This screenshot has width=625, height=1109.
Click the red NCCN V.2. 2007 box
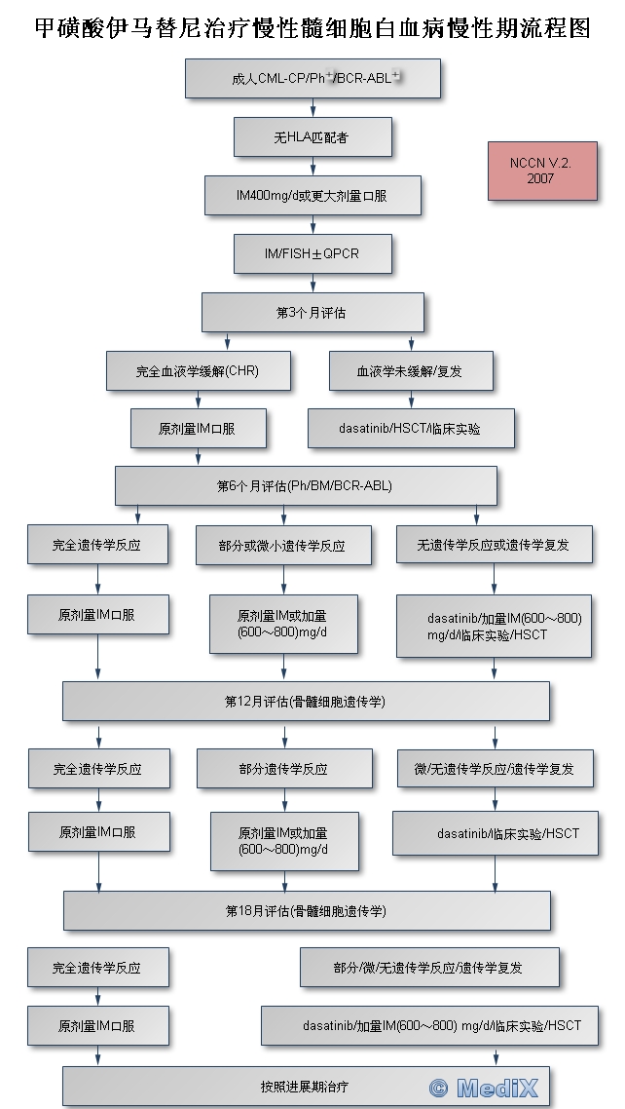542,171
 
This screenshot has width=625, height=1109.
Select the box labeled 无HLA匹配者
312,137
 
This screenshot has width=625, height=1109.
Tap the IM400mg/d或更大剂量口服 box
312,196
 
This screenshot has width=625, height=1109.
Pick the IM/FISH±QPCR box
312,253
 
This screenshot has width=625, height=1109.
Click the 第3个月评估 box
312,313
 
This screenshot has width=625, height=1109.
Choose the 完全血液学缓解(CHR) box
199,370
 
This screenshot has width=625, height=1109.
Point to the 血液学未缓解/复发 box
410,370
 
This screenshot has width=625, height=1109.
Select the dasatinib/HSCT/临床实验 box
411,428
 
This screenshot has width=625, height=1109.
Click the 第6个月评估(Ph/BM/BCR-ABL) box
306,485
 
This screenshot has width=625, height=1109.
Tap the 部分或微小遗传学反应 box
283,545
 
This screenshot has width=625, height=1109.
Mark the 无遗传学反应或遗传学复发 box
494,544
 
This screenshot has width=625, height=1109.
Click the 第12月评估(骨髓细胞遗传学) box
306,701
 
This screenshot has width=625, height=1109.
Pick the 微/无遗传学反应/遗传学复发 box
494,769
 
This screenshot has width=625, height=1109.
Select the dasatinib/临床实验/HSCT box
495,833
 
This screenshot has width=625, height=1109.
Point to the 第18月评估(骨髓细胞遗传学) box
307,911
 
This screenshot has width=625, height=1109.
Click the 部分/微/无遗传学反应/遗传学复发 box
428,968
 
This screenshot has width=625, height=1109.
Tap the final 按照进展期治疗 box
306,1086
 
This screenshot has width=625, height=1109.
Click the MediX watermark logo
484,1088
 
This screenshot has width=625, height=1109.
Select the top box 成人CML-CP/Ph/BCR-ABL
312,78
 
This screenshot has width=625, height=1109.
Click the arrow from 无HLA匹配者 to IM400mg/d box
312,166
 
